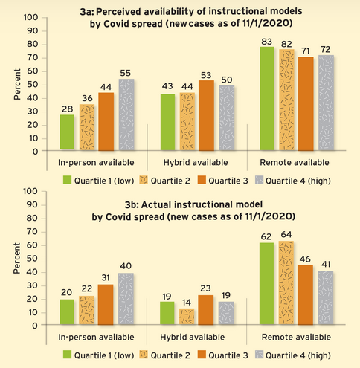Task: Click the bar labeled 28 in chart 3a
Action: coord(68,132)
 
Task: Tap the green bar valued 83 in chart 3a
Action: coord(266,99)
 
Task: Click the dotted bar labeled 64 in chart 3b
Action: coord(286,283)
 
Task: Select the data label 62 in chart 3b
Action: coord(266,237)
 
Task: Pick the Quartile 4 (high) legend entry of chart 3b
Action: coord(294,355)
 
